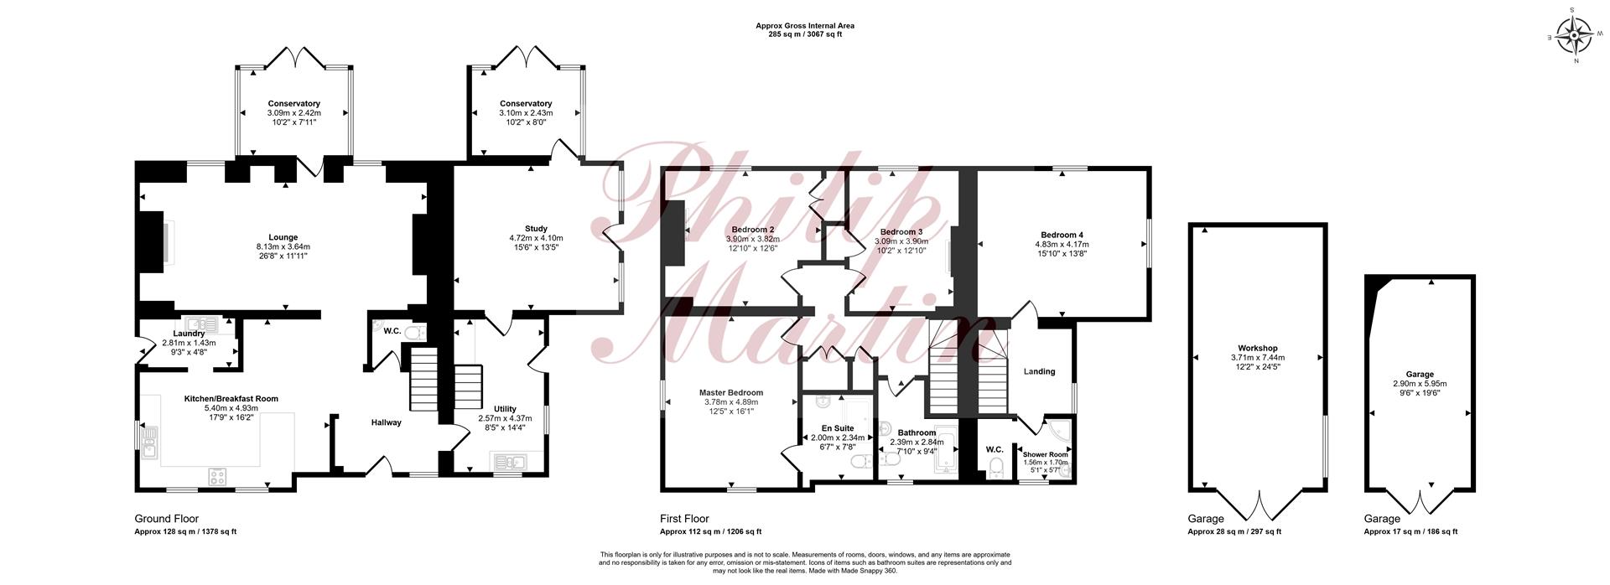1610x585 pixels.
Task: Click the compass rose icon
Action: [x=1574, y=36]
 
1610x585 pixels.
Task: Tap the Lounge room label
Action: [x=283, y=237]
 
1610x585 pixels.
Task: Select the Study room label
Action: [x=537, y=229]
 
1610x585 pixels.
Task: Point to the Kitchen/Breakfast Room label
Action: [x=231, y=399]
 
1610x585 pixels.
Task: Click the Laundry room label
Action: [x=189, y=334]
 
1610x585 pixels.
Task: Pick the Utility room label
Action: [x=505, y=409]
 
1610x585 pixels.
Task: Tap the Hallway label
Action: [x=387, y=422]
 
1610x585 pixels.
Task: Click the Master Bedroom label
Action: [x=731, y=392]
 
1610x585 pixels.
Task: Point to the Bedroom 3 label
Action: [x=901, y=232]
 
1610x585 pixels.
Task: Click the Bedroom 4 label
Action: [x=1062, y=235]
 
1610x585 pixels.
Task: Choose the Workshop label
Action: [x=1257, y=349]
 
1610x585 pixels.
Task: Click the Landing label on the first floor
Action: [x=1040, y=371]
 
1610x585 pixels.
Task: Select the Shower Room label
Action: [x=1045, y=454]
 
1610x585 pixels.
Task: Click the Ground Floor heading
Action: [x=167, y=519]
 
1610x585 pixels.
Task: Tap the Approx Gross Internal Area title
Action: [x=805, y=26]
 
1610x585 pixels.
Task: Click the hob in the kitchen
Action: [x=218, y=477]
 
